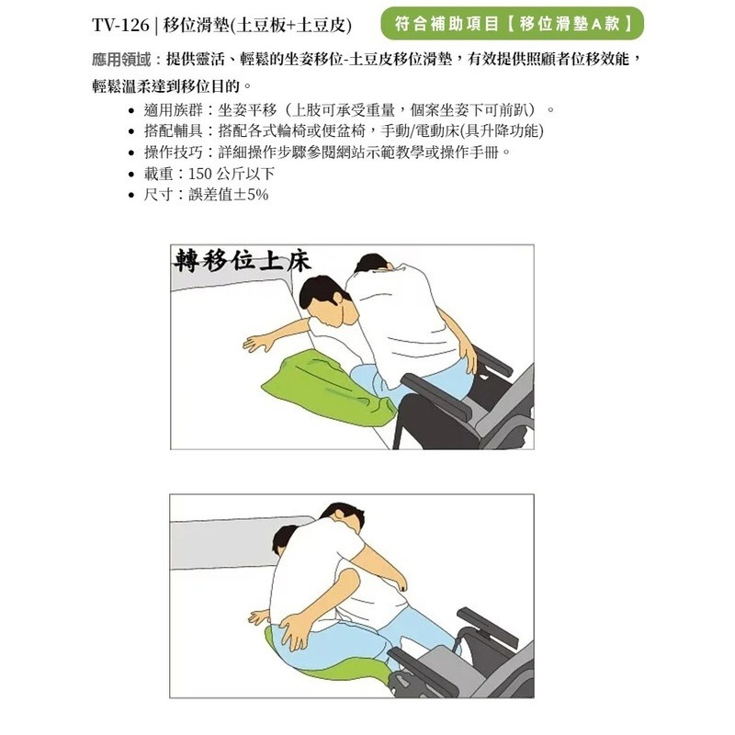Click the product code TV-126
coord(120,25)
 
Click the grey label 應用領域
coord(121,60)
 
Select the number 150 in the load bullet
coord(200,174)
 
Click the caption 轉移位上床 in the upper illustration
coord(243,261)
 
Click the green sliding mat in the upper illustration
coord(328,388)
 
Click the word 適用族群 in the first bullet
coord(173,110)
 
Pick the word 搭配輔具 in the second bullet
coord(173,131)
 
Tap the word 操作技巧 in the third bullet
coord(173,153)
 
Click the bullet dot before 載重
coord(131,175)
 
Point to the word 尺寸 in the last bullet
coord(158,195)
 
